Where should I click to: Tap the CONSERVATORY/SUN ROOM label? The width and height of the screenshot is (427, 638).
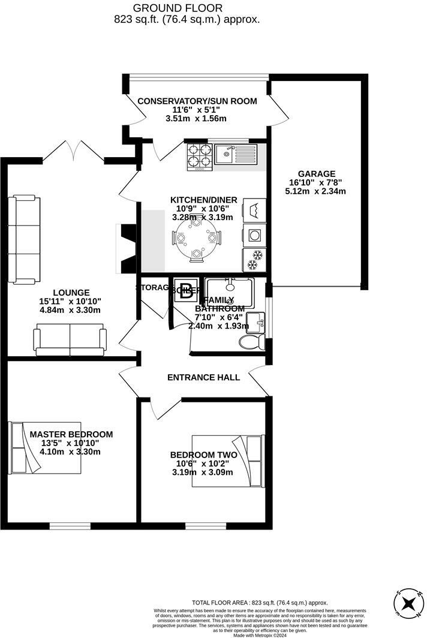pos(197,101)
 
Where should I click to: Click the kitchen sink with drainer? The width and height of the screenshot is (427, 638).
pos(236,154)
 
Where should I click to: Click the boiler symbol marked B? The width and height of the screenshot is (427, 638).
pos(187,292)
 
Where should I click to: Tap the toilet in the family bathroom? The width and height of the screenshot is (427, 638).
pos(251,342)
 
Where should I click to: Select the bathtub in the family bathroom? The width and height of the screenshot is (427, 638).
pos(230,293)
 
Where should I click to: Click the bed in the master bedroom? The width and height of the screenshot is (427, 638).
pos(45,447)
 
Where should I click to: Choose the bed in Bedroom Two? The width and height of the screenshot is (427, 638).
pos(227,461)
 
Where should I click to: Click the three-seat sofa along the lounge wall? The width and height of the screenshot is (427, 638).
pos(24,240)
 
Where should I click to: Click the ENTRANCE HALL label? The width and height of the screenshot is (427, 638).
pos(203,377)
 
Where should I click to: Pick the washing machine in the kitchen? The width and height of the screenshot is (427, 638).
pos(254,234)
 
